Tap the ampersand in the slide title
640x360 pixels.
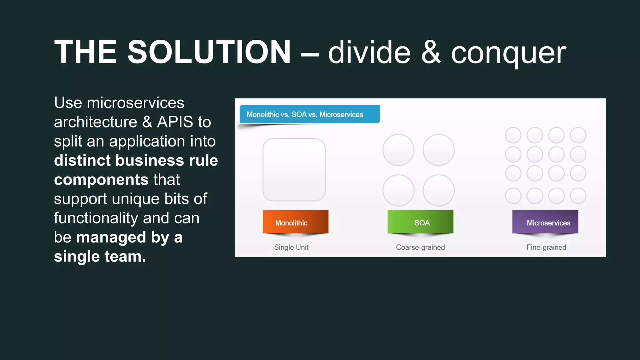coord(431,52)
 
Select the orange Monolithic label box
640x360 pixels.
coord(295,222)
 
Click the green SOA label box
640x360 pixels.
coord(420,222)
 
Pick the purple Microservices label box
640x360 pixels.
coord(545,222)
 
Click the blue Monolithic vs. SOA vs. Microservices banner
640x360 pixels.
coord(309,114)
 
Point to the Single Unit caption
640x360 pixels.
coord(291,247)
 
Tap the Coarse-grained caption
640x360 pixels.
coord(420,247)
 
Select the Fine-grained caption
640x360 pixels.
coord(546,247)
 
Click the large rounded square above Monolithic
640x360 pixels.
coord(294,170)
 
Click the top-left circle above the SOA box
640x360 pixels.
coord(398,150)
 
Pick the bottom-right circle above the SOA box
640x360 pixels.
coord(438,190)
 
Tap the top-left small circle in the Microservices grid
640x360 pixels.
coord(513,135)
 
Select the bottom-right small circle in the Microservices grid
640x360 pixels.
coord(578,196)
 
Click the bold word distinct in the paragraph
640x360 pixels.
coord(82,160)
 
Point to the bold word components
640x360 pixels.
coord(101,180)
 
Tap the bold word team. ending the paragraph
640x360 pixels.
coord(125,257)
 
